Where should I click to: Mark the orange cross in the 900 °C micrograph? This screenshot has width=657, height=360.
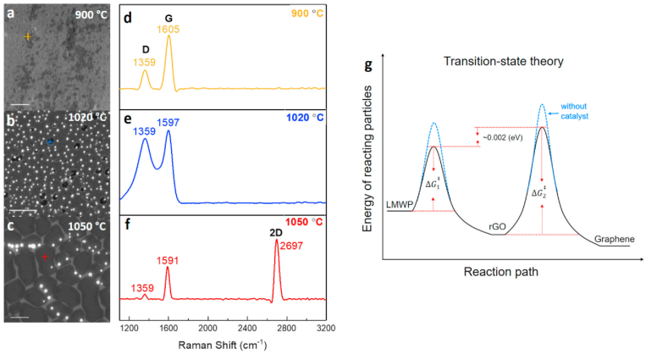(28, 36)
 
